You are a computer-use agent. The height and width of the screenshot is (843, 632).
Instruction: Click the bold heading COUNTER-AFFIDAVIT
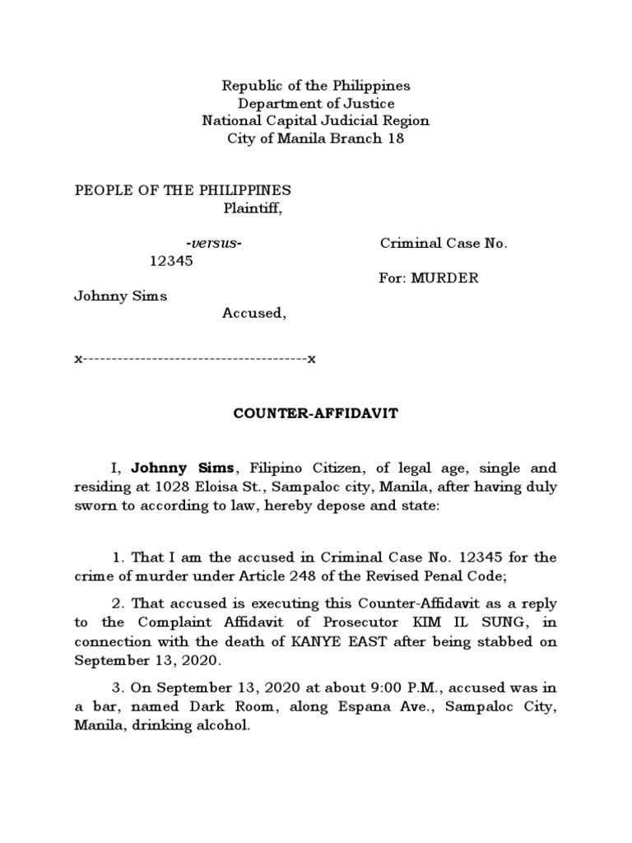click(x=316, y=414)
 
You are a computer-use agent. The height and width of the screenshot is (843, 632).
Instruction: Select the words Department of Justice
click(x=316, y=103)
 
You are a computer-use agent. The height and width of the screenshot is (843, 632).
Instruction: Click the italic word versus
click(x=214, y=243)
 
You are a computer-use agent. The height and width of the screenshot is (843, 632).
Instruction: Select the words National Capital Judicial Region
click(x=316, y=120)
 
